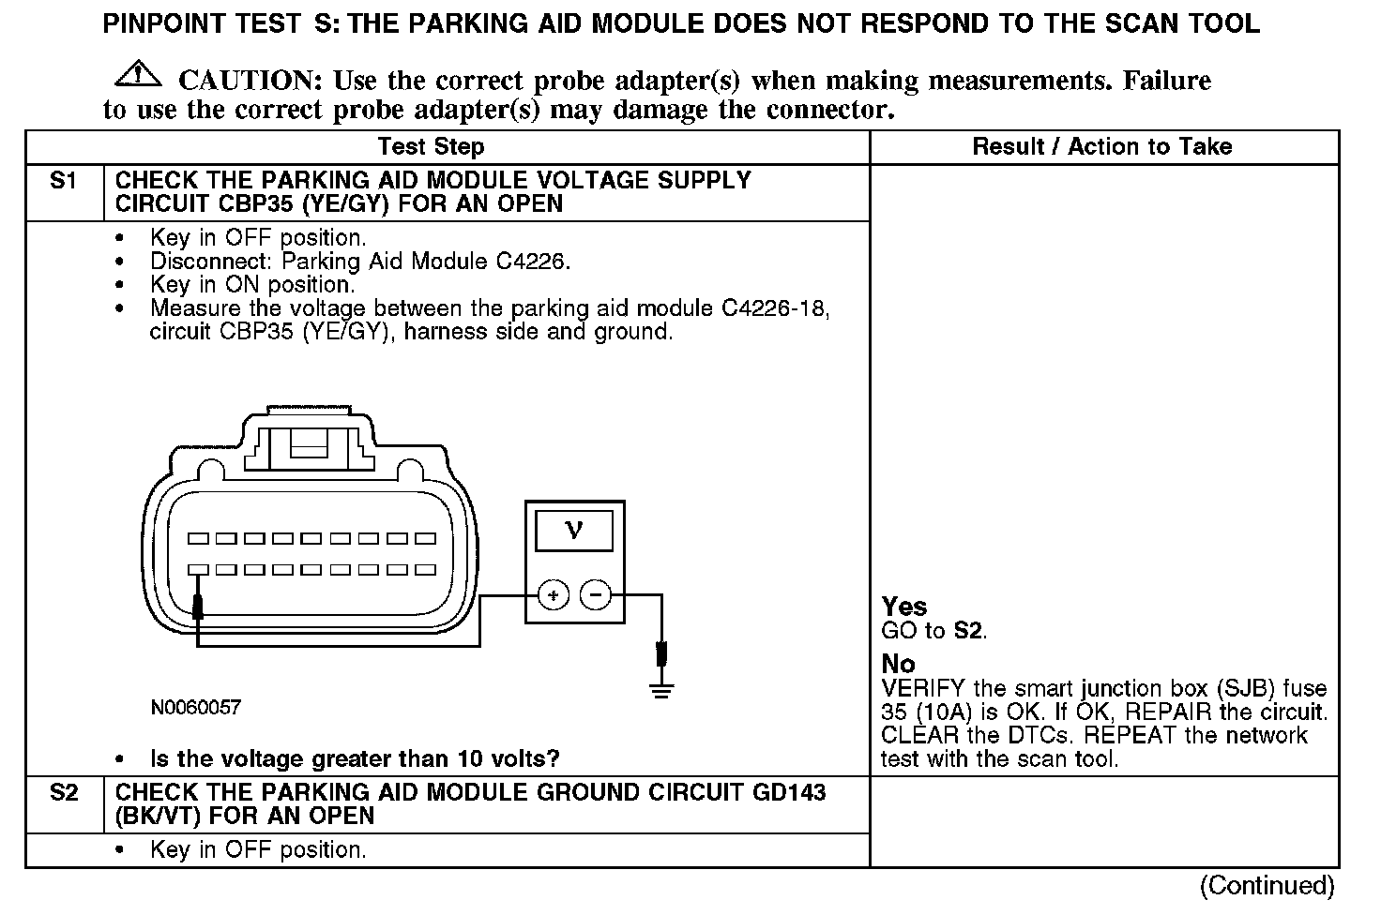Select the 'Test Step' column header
pos(431,146)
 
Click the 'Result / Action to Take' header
pos(1101,146)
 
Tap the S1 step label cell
pos(64,182)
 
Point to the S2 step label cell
pos(64,793)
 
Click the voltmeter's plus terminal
pos(554,594)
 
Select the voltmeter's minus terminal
pos(596,594)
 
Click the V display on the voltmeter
pos(574,530)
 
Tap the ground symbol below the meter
pos(662,691)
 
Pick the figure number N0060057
pos(195,708)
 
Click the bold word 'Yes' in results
pos(904,607)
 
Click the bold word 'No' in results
pos(898,664)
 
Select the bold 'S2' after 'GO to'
pos(969,631)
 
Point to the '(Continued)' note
pos(1267,885)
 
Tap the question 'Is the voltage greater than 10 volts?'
pos(355,758)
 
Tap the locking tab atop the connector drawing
pos(309,441)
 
